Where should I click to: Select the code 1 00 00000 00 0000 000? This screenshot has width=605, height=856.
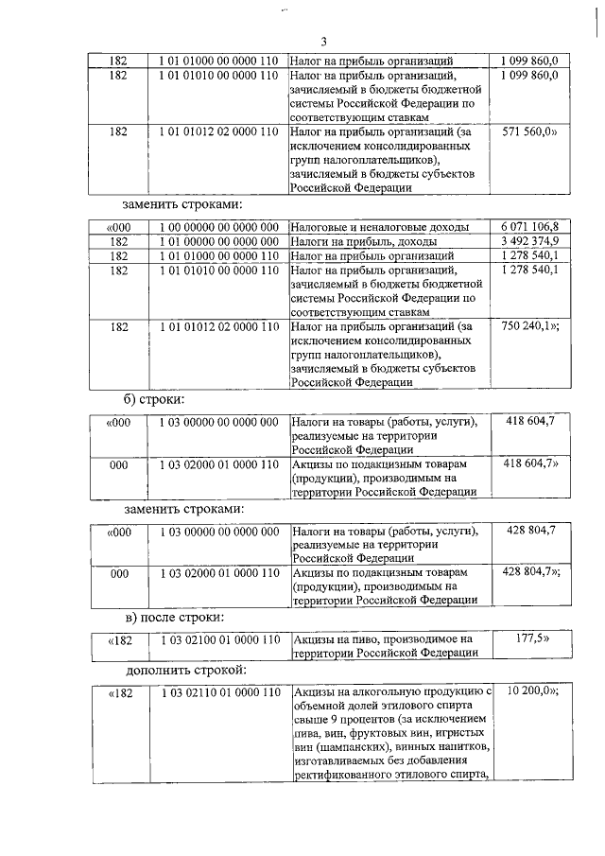pyautogui.click(x=218, y=228)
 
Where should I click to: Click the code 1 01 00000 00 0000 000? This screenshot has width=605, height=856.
pyautogui.click(x=218, y=242)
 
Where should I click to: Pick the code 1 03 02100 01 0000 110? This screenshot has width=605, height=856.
pyautogui.click(x=218, y=640)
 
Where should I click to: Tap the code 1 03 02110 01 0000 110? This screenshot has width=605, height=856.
pyautogui.click(x=218, y=693)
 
